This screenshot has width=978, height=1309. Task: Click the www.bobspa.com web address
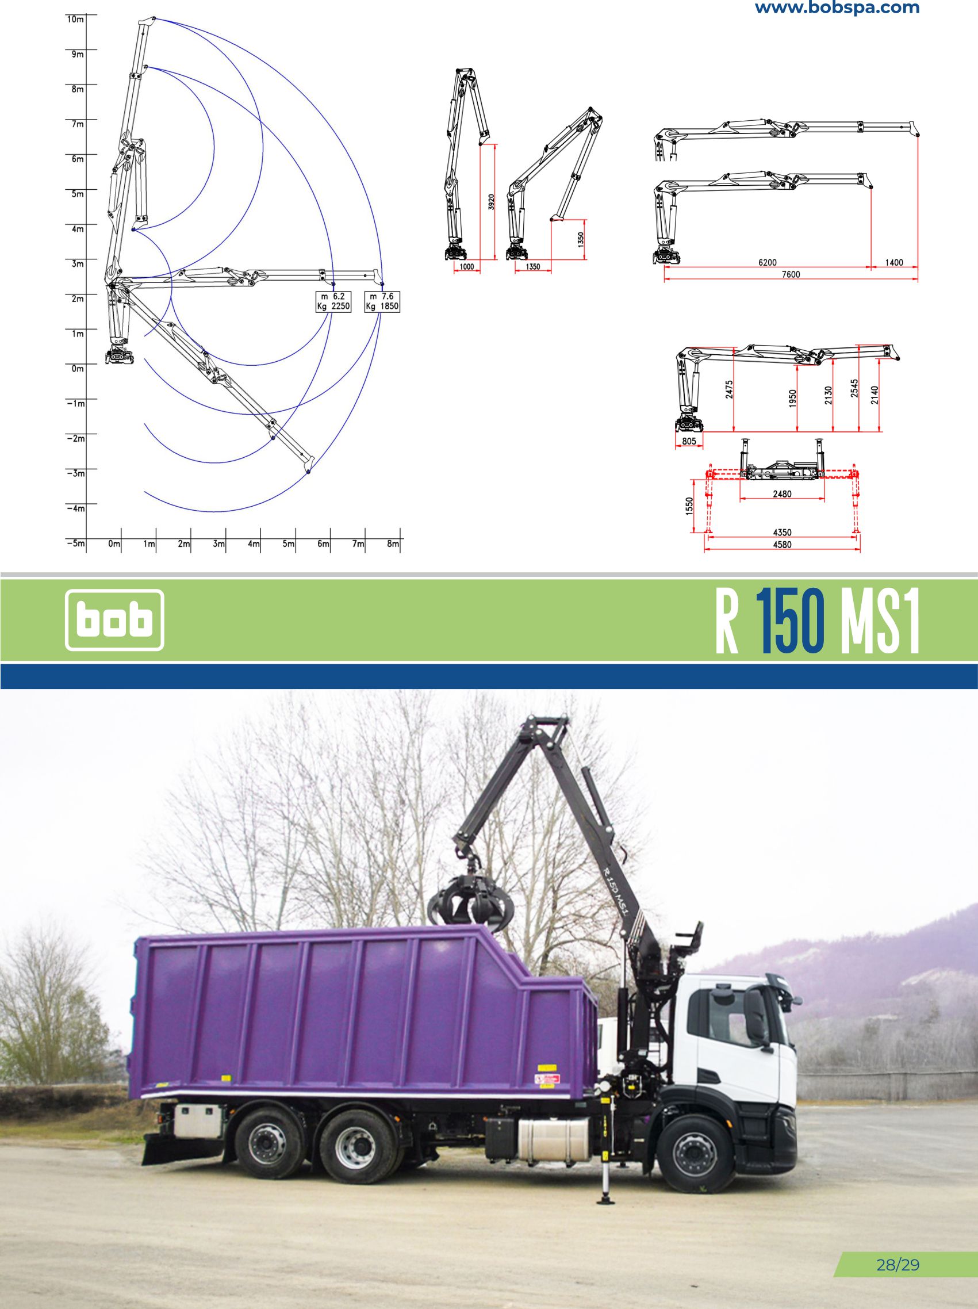coord(837,7)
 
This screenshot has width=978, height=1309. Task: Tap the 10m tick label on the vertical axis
coord(75,19)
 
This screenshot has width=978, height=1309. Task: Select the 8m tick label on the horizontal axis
coord(393,543)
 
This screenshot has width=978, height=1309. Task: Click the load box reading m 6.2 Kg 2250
coord(333,301)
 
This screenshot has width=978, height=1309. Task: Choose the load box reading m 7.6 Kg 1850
coord(382,301)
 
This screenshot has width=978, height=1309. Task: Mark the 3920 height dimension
coord(491,203)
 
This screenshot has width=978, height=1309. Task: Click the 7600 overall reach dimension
coord(791,274)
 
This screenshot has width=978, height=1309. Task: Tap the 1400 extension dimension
coord(894,262)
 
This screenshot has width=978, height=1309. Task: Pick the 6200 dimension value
coord(768,262)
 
